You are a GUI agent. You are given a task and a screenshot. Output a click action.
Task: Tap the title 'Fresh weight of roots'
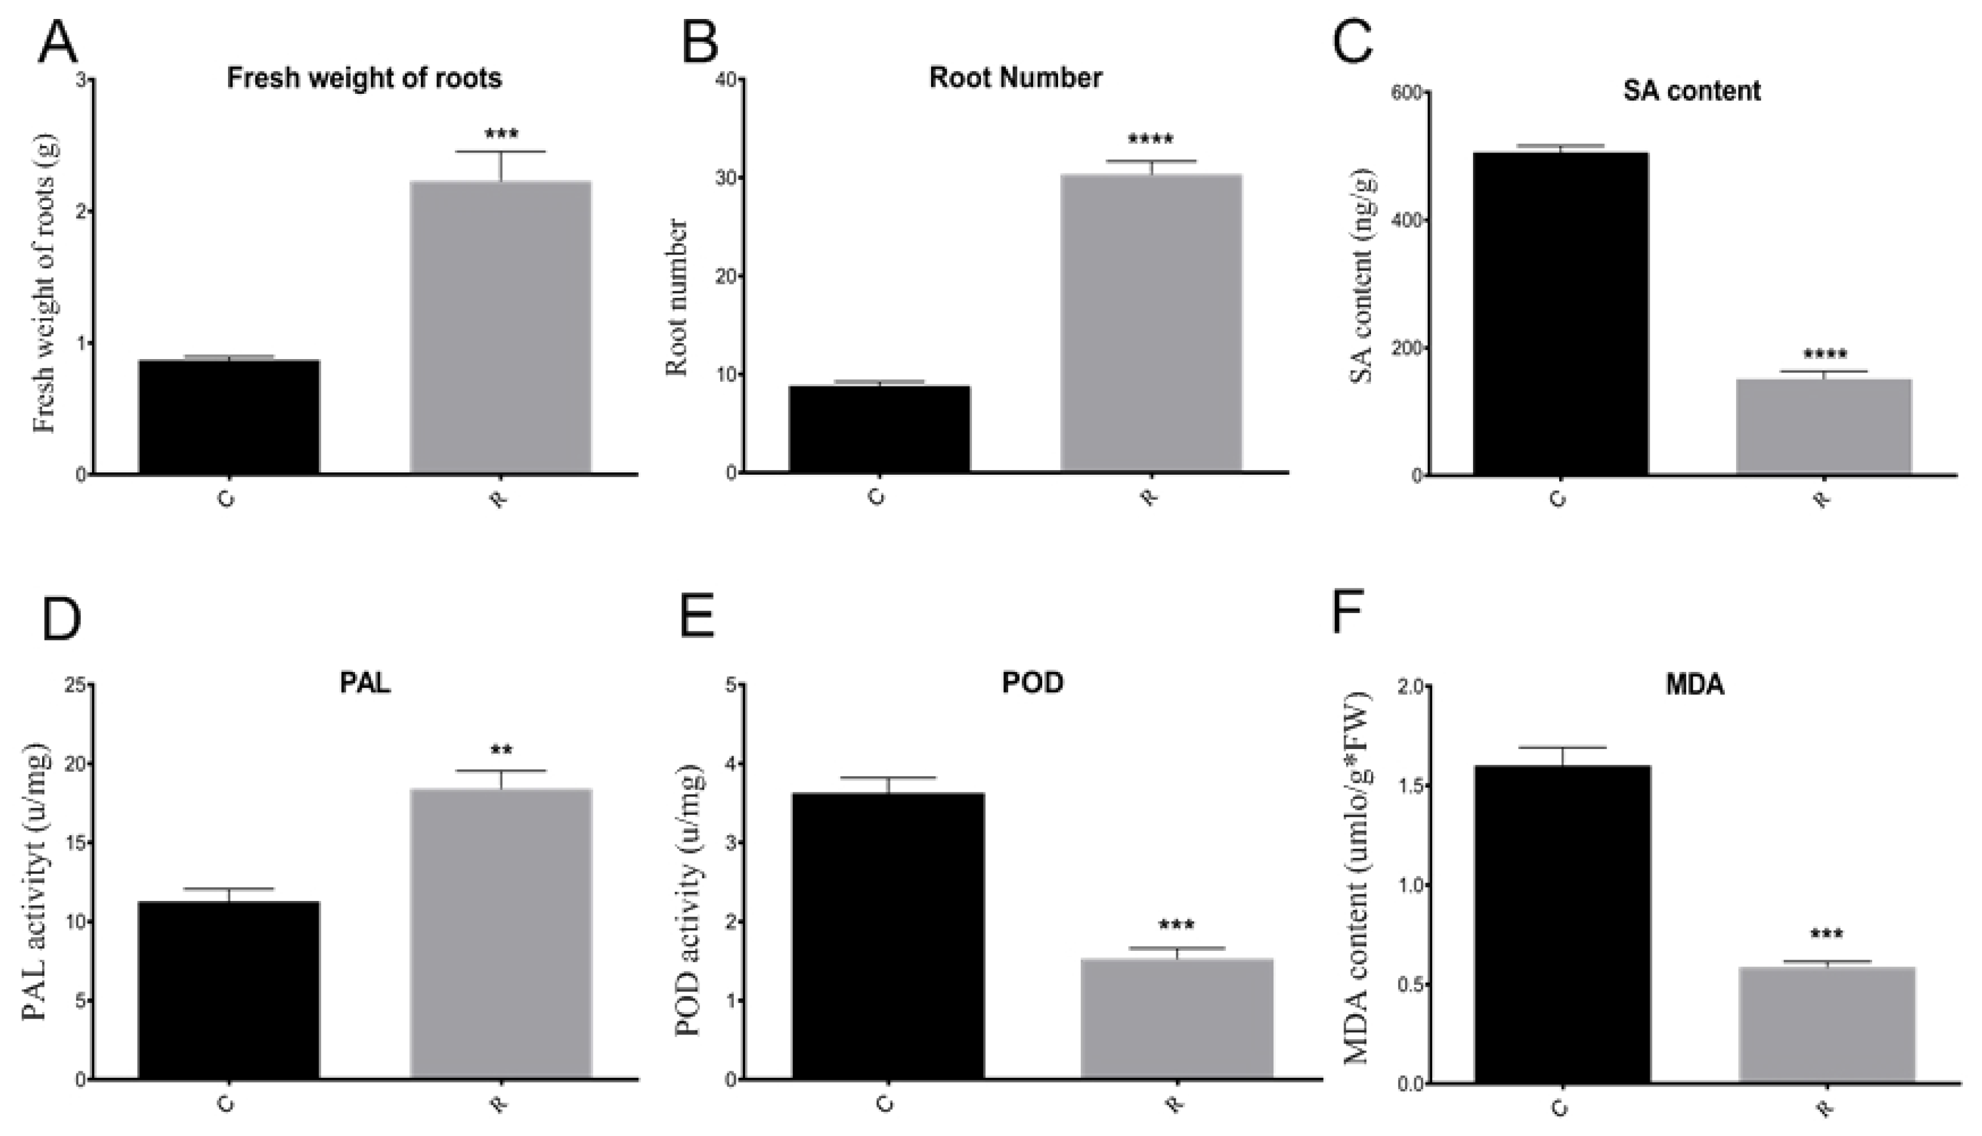(x=365, y=78)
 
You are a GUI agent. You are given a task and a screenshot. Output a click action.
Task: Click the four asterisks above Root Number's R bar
(x=1150, y=141)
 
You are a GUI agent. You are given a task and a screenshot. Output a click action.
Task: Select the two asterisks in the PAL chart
(x=501, y=751)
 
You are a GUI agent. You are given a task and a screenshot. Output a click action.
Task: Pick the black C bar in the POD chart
(x=888, y=935)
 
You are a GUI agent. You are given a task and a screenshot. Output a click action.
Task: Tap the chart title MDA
(x=1695, y=684)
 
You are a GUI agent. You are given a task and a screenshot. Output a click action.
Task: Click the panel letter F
(x=1348, y=613)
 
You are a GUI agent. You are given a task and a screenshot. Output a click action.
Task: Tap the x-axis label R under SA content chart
(x=1822, y=499)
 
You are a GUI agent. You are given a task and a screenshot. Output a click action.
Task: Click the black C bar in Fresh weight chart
(x=229, y=417)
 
